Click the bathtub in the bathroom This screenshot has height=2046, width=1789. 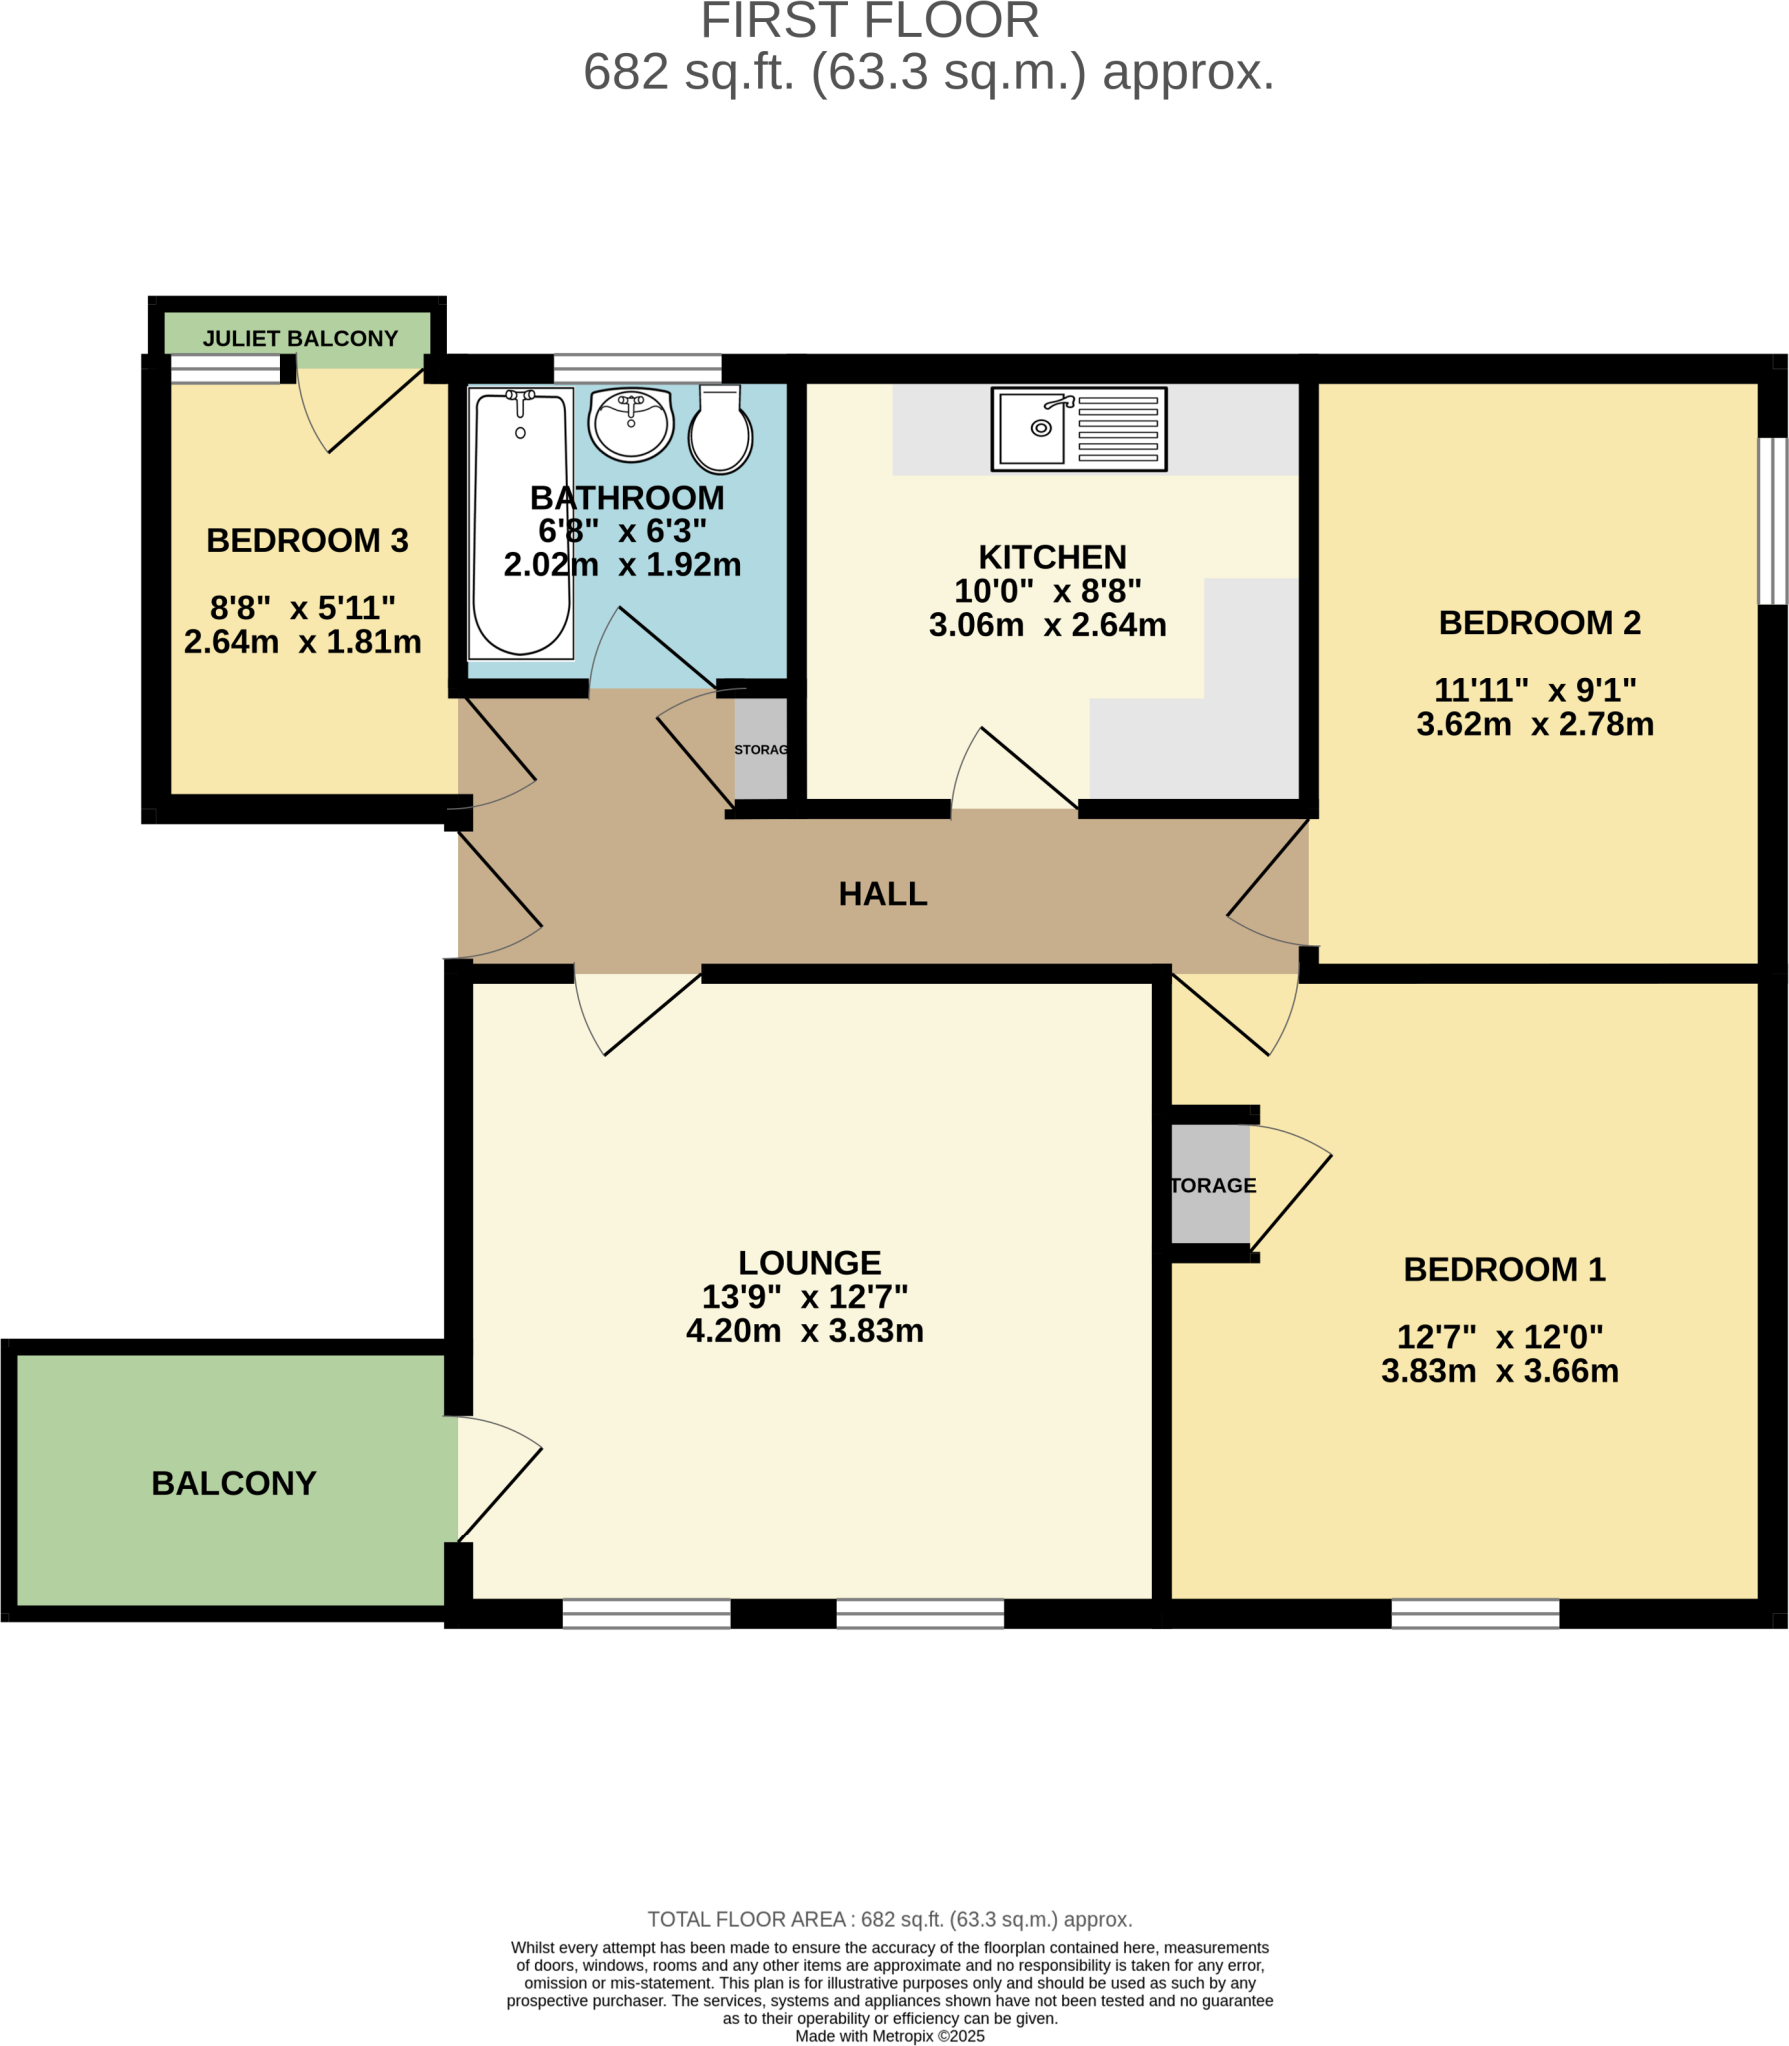[521, 523]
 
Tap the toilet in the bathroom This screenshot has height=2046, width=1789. [720, 429]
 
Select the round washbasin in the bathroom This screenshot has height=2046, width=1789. [631, 425]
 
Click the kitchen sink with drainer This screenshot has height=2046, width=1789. [1079, 429]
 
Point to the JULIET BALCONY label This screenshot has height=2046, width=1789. [300, 339]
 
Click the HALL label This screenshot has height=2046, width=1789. [883, 894]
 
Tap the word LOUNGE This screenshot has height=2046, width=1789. [810, 1263]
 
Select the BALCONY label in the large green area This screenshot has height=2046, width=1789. [234, 1483]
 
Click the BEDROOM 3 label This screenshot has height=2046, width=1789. [307, 541]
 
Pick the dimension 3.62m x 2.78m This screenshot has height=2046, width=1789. [1535, 724]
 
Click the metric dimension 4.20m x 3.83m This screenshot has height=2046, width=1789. [805, 1331]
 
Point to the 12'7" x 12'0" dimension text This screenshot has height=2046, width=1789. [1500, 1337]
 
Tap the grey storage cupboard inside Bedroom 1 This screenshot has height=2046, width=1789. [1210, 1185]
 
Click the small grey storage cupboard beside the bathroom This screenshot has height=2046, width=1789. [761, 749]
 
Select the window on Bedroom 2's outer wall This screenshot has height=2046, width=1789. [1773, 520]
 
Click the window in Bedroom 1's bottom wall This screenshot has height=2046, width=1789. [1475, 1613]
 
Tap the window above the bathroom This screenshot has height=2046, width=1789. [637, 368]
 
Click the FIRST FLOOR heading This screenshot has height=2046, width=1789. [870, 21]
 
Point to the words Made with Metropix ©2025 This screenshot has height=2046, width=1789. [890, 2036]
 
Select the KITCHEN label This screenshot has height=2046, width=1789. [1052, 557]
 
